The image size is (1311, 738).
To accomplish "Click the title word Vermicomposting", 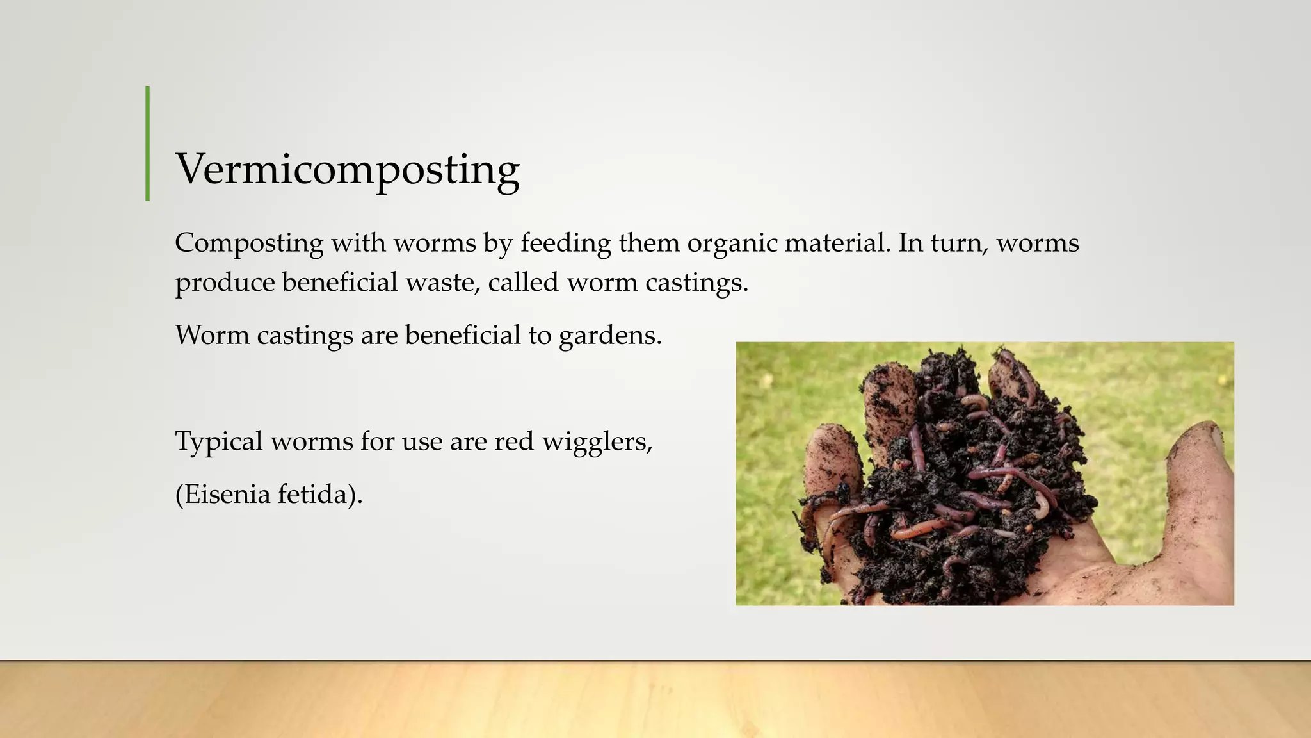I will coord(348,170).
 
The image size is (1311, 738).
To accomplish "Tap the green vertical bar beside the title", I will coord(148,143).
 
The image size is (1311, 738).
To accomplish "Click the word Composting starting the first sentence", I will coord(249,243).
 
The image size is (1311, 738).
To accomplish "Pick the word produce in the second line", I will coord(225,283).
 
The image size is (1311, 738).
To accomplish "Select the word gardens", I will coord(610,336).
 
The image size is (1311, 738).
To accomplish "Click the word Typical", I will coord(219,442).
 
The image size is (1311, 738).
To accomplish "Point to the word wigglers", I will coord(597,442).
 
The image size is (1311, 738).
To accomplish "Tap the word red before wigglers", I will coord(513,441).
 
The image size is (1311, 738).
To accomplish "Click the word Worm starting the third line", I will coord(212,335).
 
